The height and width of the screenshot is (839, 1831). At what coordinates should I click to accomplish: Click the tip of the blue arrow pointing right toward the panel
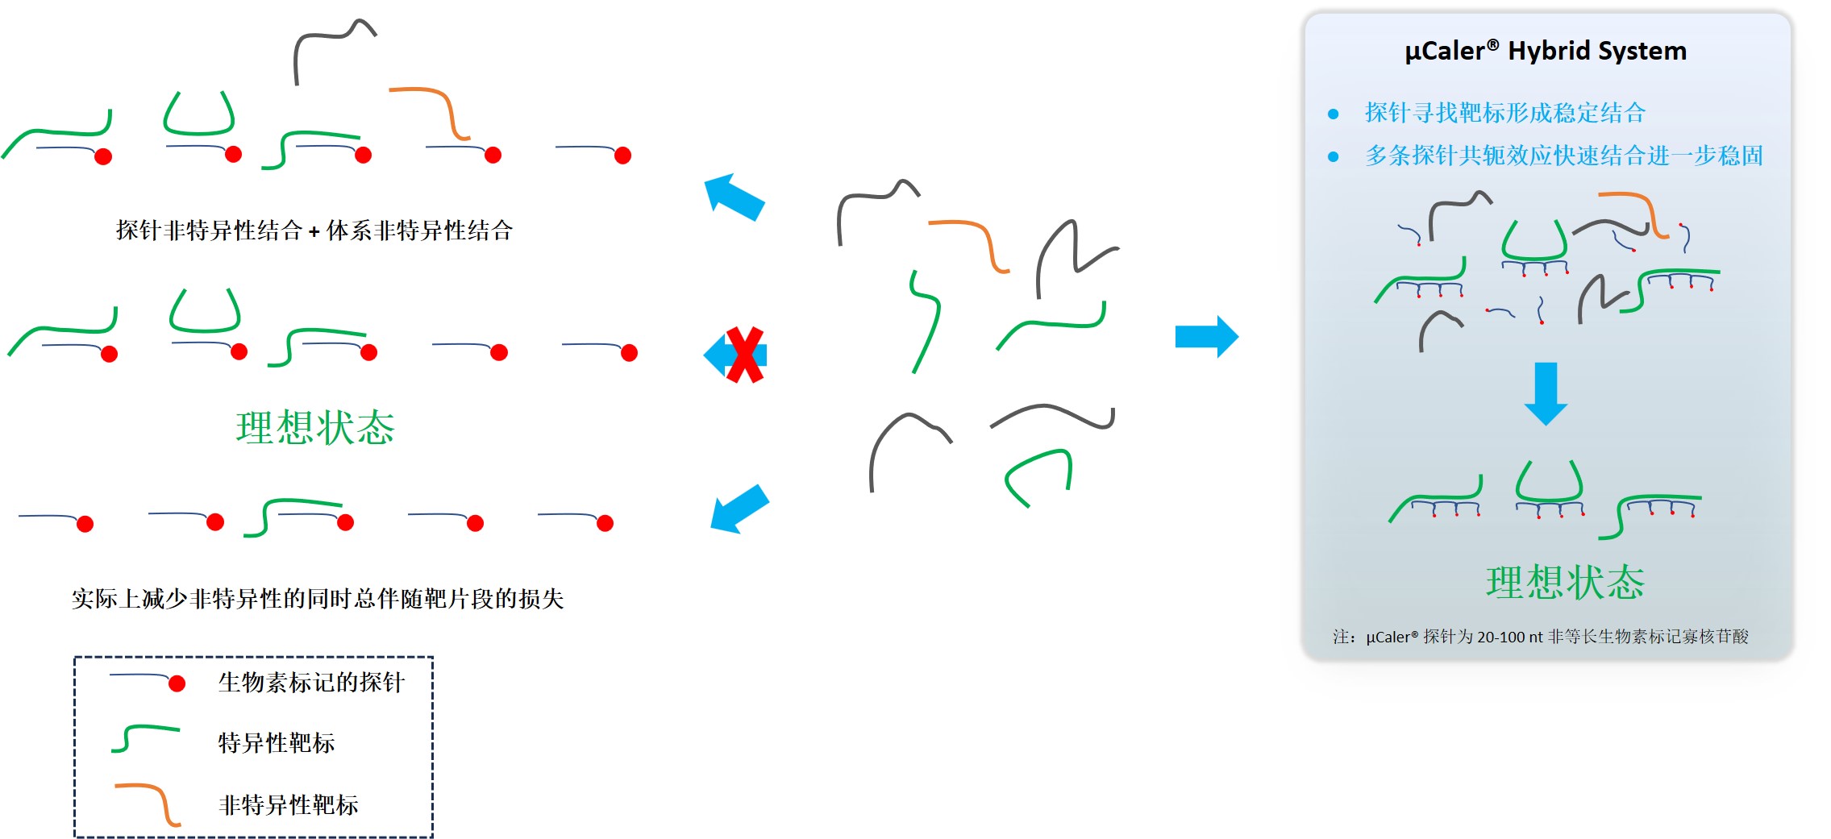1238,337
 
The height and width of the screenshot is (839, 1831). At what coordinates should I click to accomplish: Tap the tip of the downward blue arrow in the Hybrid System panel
1546,425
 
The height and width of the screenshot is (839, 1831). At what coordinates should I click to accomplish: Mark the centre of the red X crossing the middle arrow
744,355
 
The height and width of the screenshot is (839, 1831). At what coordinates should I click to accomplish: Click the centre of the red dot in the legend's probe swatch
177,683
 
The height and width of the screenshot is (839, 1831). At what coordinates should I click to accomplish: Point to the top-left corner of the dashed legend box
75,658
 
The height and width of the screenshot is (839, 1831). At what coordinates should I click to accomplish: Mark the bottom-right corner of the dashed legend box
432,837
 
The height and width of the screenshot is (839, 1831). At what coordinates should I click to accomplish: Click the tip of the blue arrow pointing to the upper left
705,179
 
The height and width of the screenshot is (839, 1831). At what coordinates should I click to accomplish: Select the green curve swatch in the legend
145,737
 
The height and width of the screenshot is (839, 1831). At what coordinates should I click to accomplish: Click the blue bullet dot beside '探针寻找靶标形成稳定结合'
1334,114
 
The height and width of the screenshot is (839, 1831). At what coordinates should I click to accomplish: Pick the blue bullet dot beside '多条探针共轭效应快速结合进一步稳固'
1334,156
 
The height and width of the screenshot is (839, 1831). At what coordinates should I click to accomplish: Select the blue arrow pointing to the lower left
739,509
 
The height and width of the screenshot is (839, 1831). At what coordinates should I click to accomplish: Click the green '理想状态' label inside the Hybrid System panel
1565,582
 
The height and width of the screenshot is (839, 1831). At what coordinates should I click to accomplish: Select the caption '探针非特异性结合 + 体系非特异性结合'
314,231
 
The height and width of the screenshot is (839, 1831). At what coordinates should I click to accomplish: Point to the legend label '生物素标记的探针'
311,683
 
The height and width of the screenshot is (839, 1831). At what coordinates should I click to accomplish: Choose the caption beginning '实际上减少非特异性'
318,598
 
